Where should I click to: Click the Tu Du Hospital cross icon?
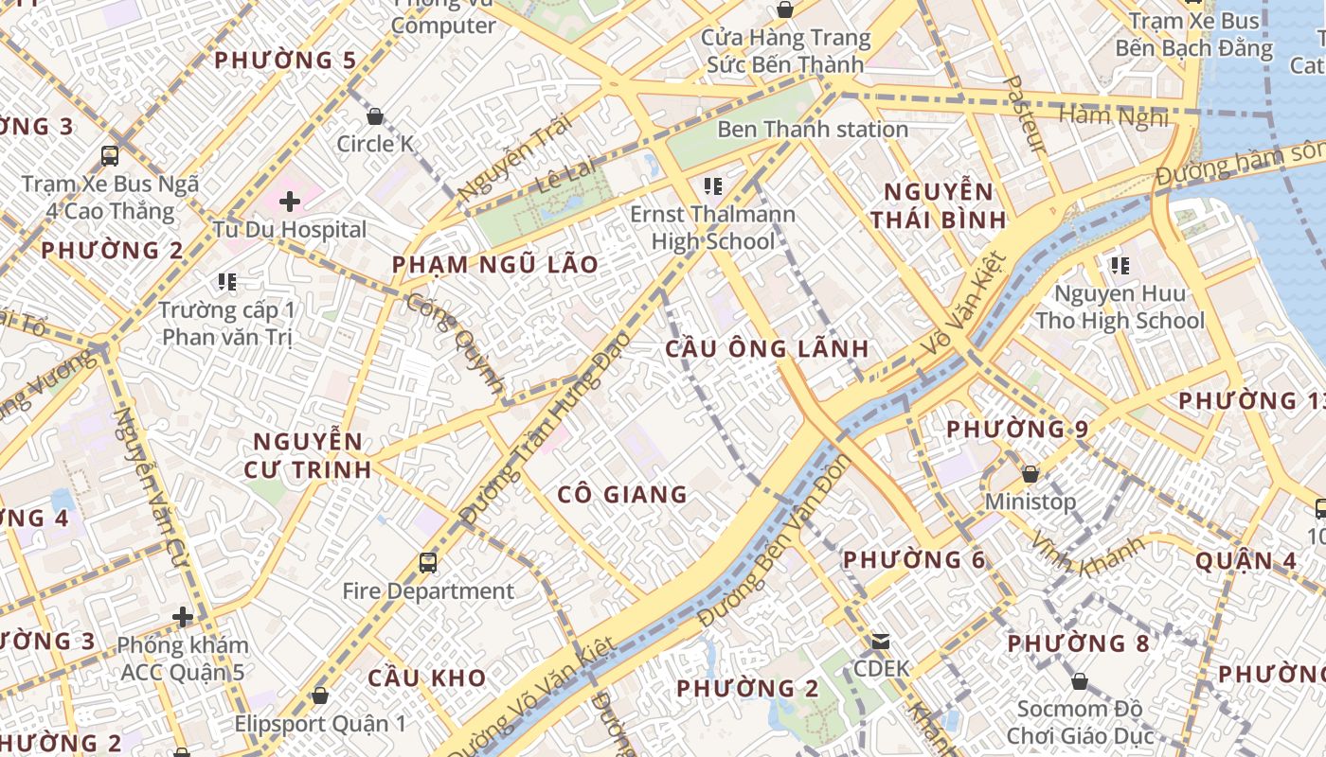(x=290, y=201)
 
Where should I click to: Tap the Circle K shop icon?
(x=375, y=116)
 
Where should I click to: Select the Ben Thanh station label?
(x=813, y=130)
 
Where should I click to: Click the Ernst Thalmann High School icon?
(x=713, y=185)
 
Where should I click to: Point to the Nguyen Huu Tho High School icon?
(x=1120, y=266)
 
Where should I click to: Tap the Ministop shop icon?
(x=1030, y=473)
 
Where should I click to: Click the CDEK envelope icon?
(x=881, y=642)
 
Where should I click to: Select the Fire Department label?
(x=428, y=591)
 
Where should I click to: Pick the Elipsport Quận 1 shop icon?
(x=320, y=695)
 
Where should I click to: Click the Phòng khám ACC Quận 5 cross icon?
(x=183, y=618)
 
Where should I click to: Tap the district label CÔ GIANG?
(x=622, y=494)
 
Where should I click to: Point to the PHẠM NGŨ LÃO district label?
(x=495, y=264)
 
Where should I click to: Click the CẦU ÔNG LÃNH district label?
(x=767, y=348)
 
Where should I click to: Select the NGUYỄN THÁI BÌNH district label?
(x=939, y=205)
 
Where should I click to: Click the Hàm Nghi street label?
(x=1113, y=116)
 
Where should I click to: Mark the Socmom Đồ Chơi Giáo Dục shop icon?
(x=1079, y=681)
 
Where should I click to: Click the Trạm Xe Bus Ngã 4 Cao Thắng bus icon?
(x=110, y=155)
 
